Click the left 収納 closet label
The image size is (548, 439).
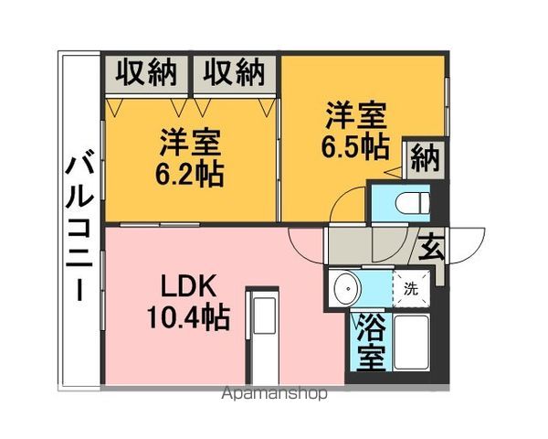(146, 72)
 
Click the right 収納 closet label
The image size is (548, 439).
(234, 72)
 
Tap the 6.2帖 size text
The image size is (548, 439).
(189, 174)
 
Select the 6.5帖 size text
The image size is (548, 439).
(355, 147)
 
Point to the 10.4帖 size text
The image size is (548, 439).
(189, 318)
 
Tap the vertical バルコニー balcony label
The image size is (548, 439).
(79, 225)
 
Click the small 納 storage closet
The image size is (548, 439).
(424, 159)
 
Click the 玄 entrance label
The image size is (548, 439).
(431, 247)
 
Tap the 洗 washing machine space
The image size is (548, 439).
(411, 289)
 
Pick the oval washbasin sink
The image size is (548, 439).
(347, 289)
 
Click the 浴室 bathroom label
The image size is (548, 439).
(372, 342)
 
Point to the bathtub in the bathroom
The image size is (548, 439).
(411, 342)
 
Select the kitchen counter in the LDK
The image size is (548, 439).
(262, 336)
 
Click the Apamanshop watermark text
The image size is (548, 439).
(275, 393)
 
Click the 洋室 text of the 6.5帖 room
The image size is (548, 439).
(356, 116)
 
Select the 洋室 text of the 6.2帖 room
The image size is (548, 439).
(191, 143)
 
